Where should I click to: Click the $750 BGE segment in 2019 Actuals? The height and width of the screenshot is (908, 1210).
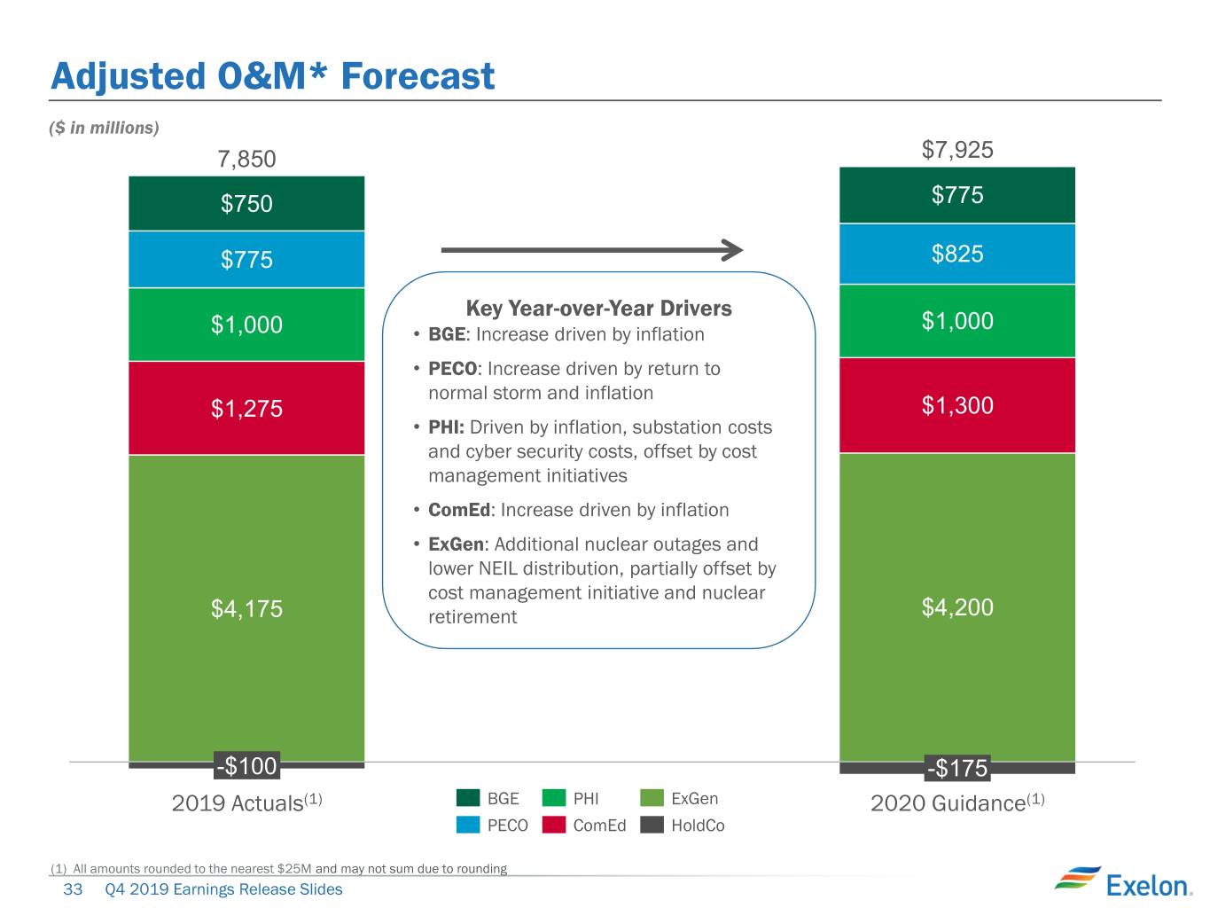(x=246, y=203)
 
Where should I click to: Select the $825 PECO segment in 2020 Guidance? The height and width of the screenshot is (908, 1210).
(x=957, y=254)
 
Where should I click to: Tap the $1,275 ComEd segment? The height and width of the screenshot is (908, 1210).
(x=246, y=408)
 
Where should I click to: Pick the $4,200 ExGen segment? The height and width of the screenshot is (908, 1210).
(x=957, y=607)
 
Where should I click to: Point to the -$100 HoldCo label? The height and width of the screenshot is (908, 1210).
(x=247, y=766)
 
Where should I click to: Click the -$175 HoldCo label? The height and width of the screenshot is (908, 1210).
(x=957, y=768)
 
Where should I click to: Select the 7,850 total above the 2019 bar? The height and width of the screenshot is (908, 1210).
(x=246, y=160)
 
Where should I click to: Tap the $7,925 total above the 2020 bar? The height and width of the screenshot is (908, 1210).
(x=957, y=150)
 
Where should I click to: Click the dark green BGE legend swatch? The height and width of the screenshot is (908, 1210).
(x=468, y=798)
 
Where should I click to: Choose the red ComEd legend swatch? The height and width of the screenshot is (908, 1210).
(x=554, y=825)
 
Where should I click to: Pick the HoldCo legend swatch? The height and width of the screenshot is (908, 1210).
(x=652, y=825)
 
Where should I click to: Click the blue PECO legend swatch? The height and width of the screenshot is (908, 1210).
(x=468, y=825)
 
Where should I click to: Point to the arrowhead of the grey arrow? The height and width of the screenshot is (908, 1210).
(x=742, y=250)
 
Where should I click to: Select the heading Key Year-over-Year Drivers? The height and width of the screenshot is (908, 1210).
(x=598, y=309)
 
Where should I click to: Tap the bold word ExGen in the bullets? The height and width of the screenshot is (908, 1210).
(x=456, y=544)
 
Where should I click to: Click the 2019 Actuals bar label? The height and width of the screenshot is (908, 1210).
(x=247, y=802)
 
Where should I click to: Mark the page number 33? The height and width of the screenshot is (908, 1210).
(x=73, y=889)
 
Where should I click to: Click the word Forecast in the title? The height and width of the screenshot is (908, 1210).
(x=418, y=76)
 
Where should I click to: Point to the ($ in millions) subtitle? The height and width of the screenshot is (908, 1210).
(x=105, y=128)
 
